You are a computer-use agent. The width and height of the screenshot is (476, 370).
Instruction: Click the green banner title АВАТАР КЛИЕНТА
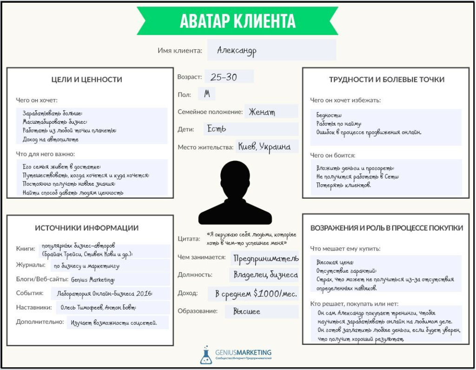coord(238,21)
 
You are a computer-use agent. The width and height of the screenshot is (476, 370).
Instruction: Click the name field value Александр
coord(237,50)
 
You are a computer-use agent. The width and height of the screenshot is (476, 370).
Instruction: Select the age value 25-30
coord(224,77)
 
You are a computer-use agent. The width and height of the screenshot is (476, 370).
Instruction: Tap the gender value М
coord(207,94)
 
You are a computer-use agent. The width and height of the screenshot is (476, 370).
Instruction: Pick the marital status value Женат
coord(262,112)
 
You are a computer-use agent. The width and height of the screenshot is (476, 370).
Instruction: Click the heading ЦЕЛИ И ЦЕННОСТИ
coord(87,80)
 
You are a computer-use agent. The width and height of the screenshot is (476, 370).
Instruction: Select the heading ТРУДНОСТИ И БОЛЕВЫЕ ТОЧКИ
coord(387,80)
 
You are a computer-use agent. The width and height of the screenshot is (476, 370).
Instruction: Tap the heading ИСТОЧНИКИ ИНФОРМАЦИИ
coord(87,228)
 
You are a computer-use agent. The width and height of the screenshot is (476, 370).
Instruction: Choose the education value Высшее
coord(247,311)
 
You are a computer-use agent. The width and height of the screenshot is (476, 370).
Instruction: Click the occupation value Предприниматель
coord(266,258)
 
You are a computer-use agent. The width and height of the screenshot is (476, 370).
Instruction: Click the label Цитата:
coord(189,239)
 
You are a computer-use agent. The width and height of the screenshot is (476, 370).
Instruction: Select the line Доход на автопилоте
coord(51,139)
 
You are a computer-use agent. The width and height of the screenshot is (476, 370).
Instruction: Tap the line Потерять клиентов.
coord(344,185)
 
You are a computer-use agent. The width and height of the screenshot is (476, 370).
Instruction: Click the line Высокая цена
coord(335,262)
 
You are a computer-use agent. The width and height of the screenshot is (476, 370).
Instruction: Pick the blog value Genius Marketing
coord(92,280)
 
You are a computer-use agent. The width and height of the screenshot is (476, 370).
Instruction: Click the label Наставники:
coord(33,307)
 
